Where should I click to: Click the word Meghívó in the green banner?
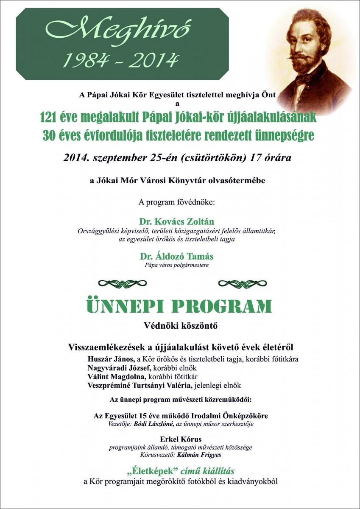click(117, 31)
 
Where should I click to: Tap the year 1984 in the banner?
click(82, 60)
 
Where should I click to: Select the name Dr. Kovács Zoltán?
click(176, 222)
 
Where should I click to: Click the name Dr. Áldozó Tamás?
click(176, 257)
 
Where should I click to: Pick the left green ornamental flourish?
click(122, 283)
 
